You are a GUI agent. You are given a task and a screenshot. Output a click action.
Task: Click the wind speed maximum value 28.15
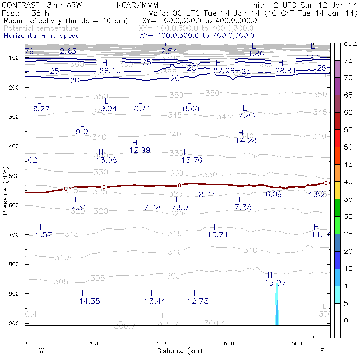[x=109, y=71]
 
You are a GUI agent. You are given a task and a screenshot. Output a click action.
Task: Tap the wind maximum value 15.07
[x=275, y=283]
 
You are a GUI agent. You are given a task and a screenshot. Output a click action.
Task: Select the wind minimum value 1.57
[x=44, y=235]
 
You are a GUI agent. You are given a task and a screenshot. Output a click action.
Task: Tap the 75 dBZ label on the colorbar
[x=348, y=61]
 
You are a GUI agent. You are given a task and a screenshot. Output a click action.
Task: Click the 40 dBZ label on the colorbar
[x=348, y=182]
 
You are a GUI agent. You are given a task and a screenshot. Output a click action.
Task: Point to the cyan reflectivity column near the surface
[x=277, y=306]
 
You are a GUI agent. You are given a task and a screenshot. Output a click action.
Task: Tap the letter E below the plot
[x=322, y=351]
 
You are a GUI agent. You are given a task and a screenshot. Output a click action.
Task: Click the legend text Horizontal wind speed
[x=41, y=36]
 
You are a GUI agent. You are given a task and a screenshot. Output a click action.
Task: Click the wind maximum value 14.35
[x=90, y=301]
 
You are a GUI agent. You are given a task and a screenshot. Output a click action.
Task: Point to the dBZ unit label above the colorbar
[x=350, y=44]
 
